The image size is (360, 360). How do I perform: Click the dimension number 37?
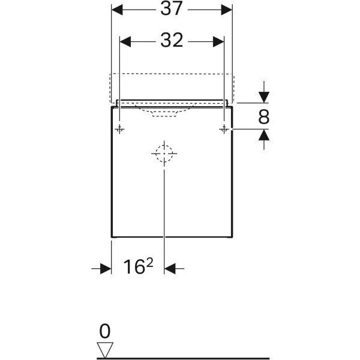pos(172,10)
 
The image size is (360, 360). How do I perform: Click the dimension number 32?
pos(172,40)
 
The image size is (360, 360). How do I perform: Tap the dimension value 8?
pos(263,117)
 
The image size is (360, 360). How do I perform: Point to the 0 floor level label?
pos(105,331)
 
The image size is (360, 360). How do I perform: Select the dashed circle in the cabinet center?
pos(163,154)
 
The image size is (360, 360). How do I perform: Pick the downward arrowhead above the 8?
pos(263,97)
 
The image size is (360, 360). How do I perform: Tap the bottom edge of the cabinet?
pos(172,237)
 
